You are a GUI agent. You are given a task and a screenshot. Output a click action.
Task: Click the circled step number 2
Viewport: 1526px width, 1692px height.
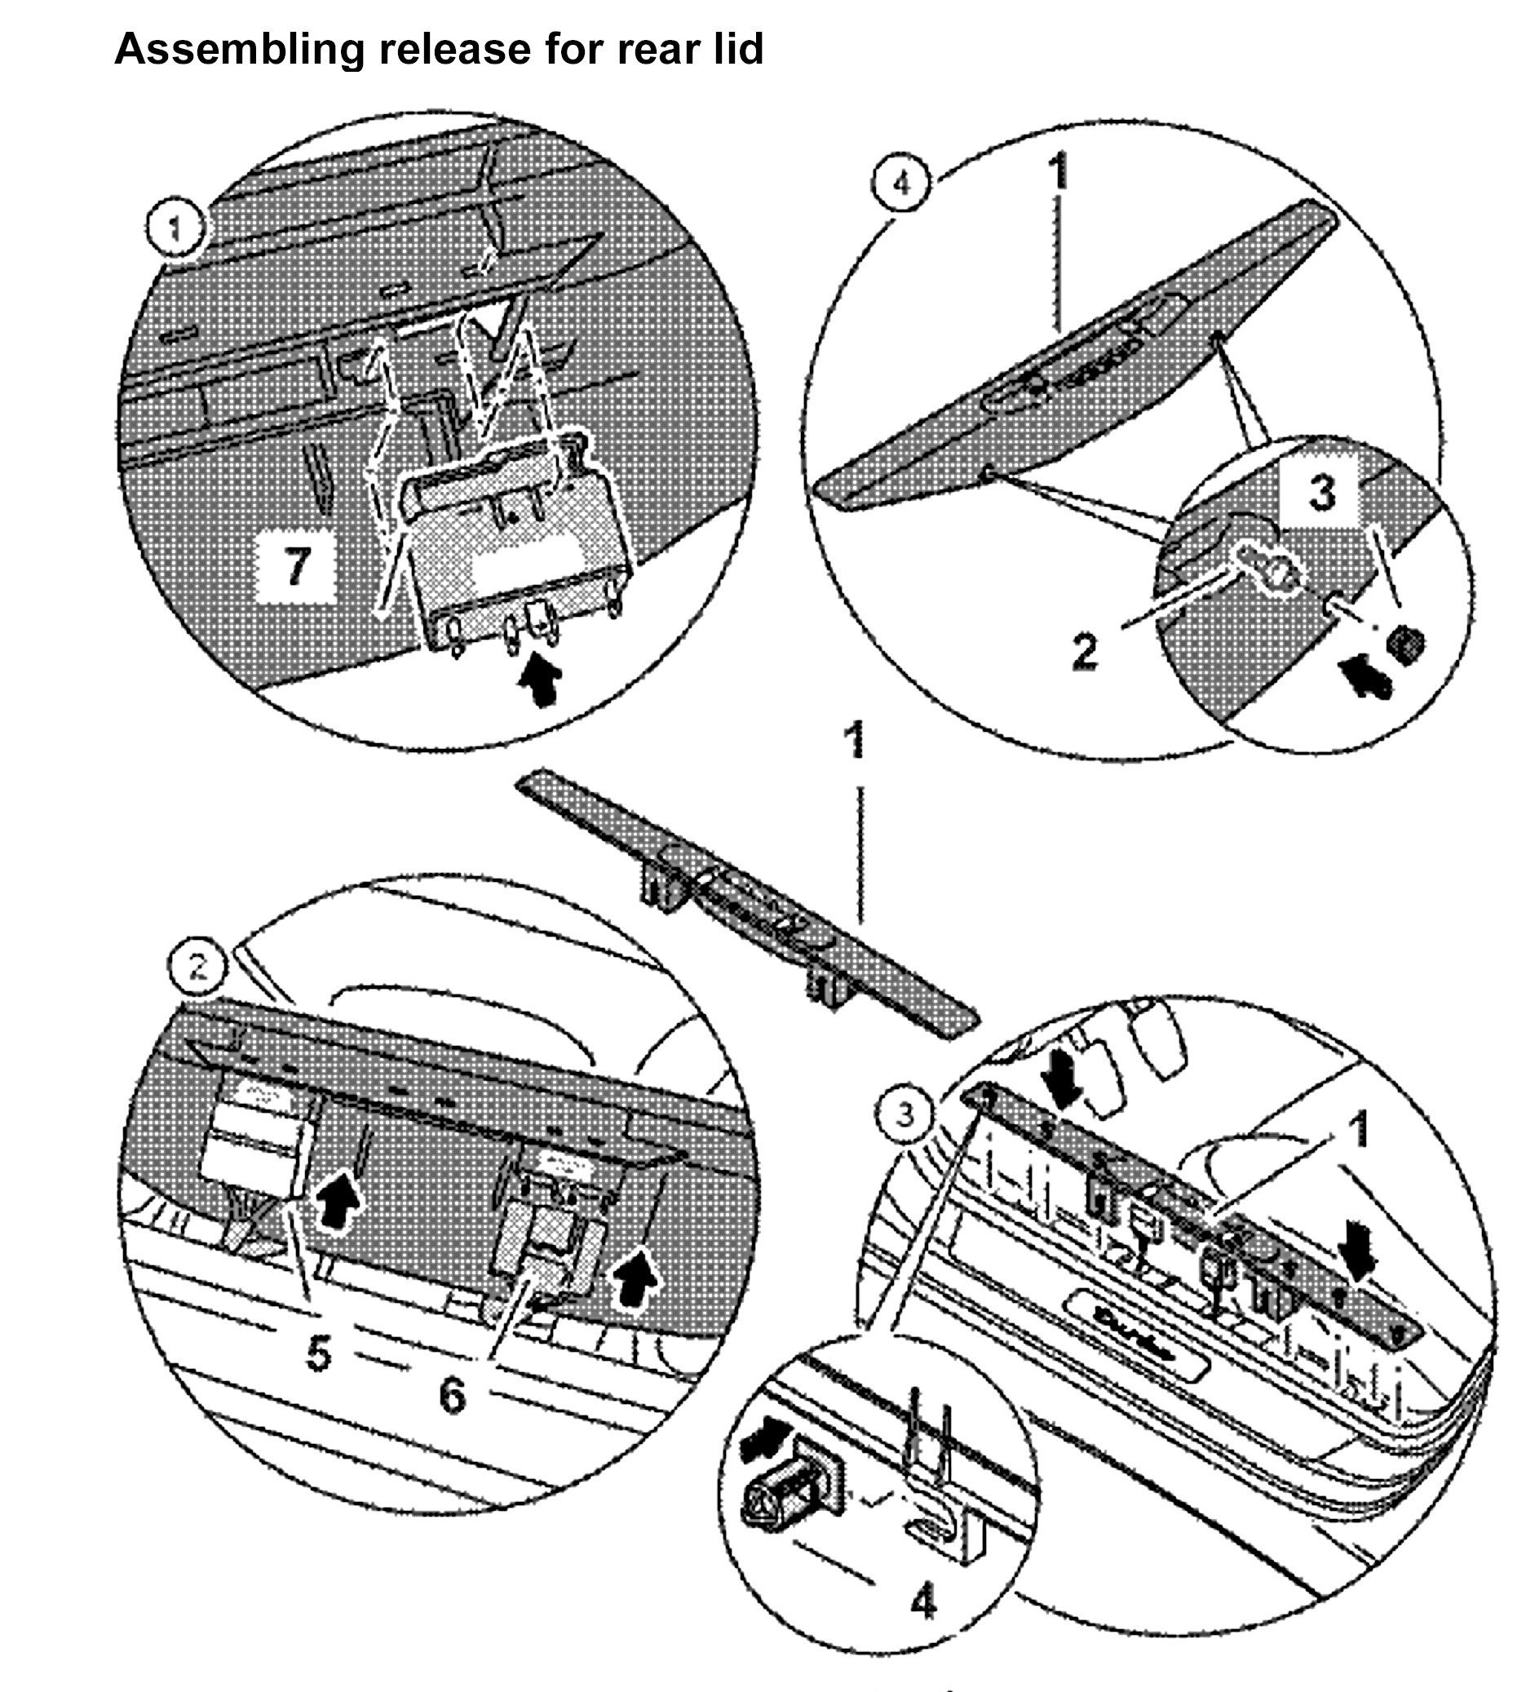click(198, 968)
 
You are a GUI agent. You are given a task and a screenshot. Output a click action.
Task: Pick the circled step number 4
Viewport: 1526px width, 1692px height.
click(901, 183)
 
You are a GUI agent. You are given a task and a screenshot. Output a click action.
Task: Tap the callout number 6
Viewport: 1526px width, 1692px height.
click(452, 1396)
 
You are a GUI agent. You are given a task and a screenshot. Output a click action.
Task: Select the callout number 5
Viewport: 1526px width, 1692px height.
click(319, 1353)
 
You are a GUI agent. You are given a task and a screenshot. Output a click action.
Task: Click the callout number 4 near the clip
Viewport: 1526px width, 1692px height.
click(923, 1603)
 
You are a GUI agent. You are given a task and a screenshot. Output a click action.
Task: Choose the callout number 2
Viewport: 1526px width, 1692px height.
click(1084, 651)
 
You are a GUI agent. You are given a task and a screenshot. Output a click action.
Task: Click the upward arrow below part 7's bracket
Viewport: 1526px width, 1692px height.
click(542, 680)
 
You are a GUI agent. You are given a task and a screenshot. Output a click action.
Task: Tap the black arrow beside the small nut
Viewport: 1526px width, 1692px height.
click(1364, 675)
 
